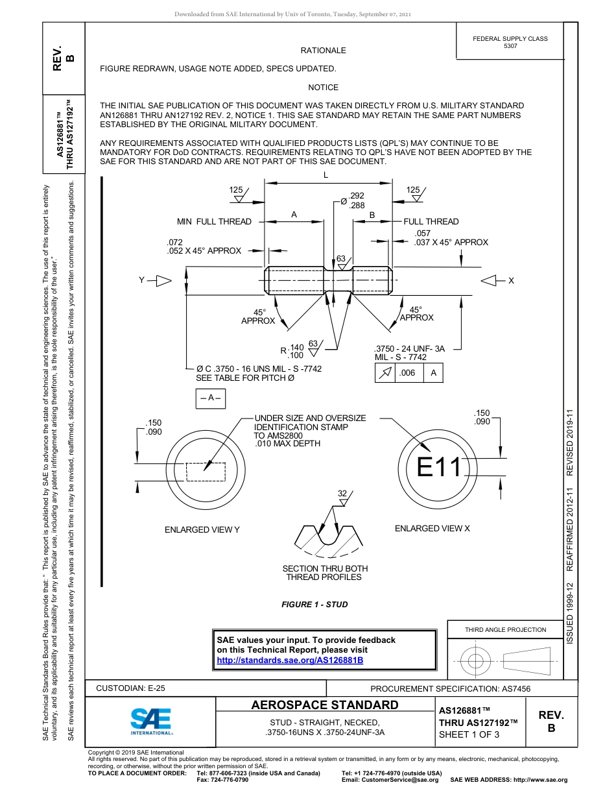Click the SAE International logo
click(x=150, y=720)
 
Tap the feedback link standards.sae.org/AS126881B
click(x=289, y=660)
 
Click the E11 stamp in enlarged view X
click(x=439, y=467)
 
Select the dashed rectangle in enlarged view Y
click(x=206, y=472)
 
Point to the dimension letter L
click(x=326, y=176)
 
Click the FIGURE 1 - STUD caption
click(x=314, y=605)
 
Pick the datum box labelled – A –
click(x=211, y=398)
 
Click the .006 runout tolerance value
click(x=407, y=373)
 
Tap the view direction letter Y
click(x=141, y=280)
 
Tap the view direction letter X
click(x=511, y=280)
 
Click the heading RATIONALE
click(x=323, y=51)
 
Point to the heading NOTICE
click(x=323, y=88)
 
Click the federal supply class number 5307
click(x=510, y=46)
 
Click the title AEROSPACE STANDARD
click(x=325, y=705)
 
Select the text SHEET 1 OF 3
click(x=469, y=734)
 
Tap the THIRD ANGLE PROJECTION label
click(x=505, y=629)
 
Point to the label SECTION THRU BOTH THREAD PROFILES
click(x=325, y=573)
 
